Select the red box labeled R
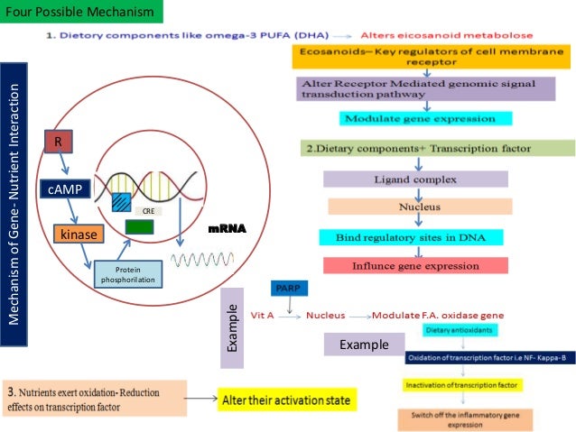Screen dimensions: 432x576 tap(59, 142)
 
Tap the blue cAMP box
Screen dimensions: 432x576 tap(65, 189)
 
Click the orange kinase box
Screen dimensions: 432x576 tap(79, 234)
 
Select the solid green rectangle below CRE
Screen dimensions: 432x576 tap(139, 227)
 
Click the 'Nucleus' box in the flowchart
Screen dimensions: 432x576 tap(420, 207)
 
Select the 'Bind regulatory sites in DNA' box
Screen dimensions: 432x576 tap(412, 236)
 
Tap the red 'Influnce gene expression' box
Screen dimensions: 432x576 tap(415, 265)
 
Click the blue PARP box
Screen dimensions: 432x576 tap(287, 289)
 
